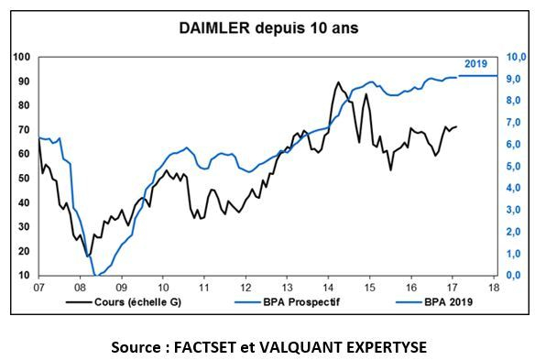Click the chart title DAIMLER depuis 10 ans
click(268, 27)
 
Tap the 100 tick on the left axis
click(22, 57)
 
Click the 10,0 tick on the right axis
click(516, 57)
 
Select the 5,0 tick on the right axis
click(516, 166)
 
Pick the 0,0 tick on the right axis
click(516, 275)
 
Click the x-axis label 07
click(38, 287)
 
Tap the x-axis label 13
click(287, 287)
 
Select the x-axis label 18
click(494, 287)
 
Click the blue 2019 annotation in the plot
click(475, 63)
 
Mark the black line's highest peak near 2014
click(338, 82)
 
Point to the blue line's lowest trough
click(96, 274)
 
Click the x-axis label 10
click(162, 287)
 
